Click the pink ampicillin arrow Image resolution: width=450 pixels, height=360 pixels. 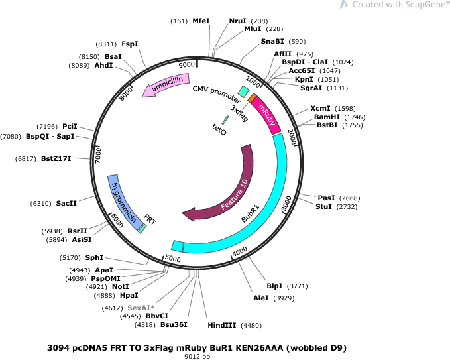point(166,84)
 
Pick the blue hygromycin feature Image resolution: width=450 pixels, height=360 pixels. point(124,200)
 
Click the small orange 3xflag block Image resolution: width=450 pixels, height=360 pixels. point(252,97)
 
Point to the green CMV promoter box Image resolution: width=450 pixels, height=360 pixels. point(244,91)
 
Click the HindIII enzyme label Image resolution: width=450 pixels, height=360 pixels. point(222,326)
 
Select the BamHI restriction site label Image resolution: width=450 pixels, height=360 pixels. point(327,117)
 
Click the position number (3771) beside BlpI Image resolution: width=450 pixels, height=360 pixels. point(298,286)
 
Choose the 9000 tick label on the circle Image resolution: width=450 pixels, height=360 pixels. point(187,64)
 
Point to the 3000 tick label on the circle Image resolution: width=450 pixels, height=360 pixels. point(286,203)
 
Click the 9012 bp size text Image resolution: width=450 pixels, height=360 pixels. point(197,356)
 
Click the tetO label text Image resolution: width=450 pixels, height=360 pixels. point(219,129)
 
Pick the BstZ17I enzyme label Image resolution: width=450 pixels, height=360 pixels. point(56,158)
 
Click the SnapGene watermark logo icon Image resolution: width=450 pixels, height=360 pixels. point(344,4)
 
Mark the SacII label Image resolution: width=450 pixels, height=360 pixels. point(66,204)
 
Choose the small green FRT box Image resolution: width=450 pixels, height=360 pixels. point(142,229)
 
